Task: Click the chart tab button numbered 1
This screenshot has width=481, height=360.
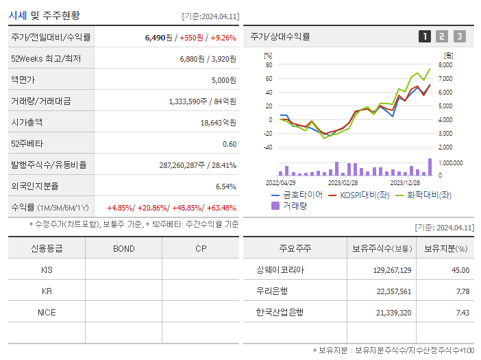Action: (425, 37)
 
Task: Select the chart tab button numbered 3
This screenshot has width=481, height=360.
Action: (459, 37)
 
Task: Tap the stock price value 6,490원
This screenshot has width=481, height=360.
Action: (156, 38)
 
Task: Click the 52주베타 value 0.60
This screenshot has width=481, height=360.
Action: (229, 144)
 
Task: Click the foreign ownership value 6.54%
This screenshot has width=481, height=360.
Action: (225, 187)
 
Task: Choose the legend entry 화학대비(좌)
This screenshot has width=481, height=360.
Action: (429, 195)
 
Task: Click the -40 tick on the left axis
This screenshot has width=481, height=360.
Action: (268, 147)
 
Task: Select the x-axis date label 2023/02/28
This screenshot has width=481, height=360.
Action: (343, 182)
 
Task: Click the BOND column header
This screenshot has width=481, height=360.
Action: (123, 249)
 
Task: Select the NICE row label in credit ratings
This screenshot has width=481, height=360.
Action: (47, 313)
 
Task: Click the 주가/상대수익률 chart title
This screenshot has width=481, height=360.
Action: (280, 37)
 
